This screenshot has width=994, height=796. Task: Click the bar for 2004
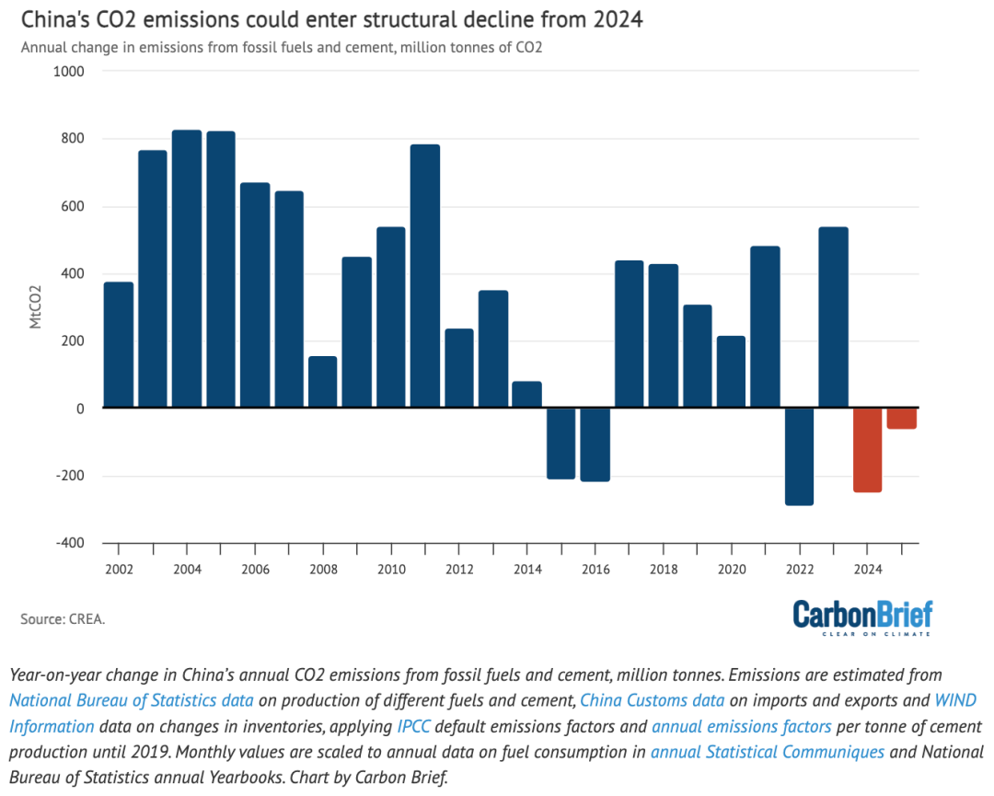point(187,269)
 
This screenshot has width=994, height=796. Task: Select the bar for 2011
point(425,276)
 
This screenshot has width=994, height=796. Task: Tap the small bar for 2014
point(526,395)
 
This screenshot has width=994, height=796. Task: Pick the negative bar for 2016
point(595,444)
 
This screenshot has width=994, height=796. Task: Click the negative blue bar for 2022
point(799,456)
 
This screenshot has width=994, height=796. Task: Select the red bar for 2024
point(867,450)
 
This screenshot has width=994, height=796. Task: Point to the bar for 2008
point(322,382)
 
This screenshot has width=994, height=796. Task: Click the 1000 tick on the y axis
point(69,72)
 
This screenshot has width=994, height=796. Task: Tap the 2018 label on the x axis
point(664,570)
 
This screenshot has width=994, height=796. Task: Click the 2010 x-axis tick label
point(391,570)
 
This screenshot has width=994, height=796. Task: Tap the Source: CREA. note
point(63,619)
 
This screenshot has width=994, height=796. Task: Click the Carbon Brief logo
point(862,617)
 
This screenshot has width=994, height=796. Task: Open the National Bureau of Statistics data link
point(131,700)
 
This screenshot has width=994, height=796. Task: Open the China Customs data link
point(653,700)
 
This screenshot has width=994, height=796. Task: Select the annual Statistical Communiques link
point(768,752)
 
